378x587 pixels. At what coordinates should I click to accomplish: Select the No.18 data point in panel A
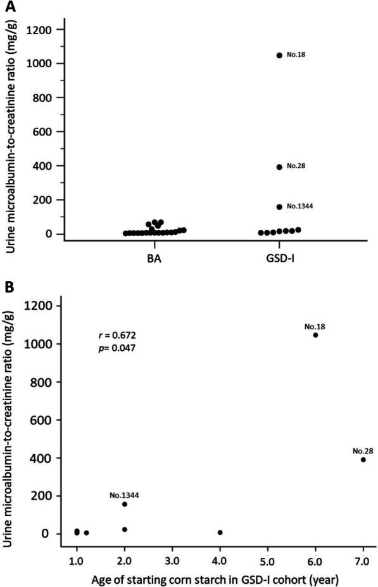click(x=279, y=55)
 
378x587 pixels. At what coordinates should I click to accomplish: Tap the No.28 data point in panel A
click(x=279, y=167)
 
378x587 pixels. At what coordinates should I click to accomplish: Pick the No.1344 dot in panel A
click(x=279, y=206)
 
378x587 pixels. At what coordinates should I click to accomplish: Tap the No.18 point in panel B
click(x=315, y=335)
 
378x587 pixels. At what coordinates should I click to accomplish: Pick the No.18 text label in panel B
click(x=315, y=327)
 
